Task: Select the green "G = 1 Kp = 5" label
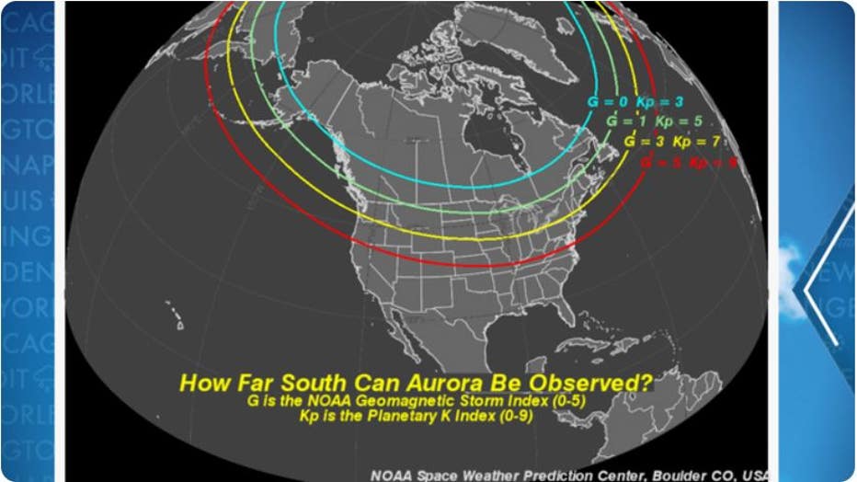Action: coord(652,120)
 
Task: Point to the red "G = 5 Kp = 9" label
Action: coord(689,163)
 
